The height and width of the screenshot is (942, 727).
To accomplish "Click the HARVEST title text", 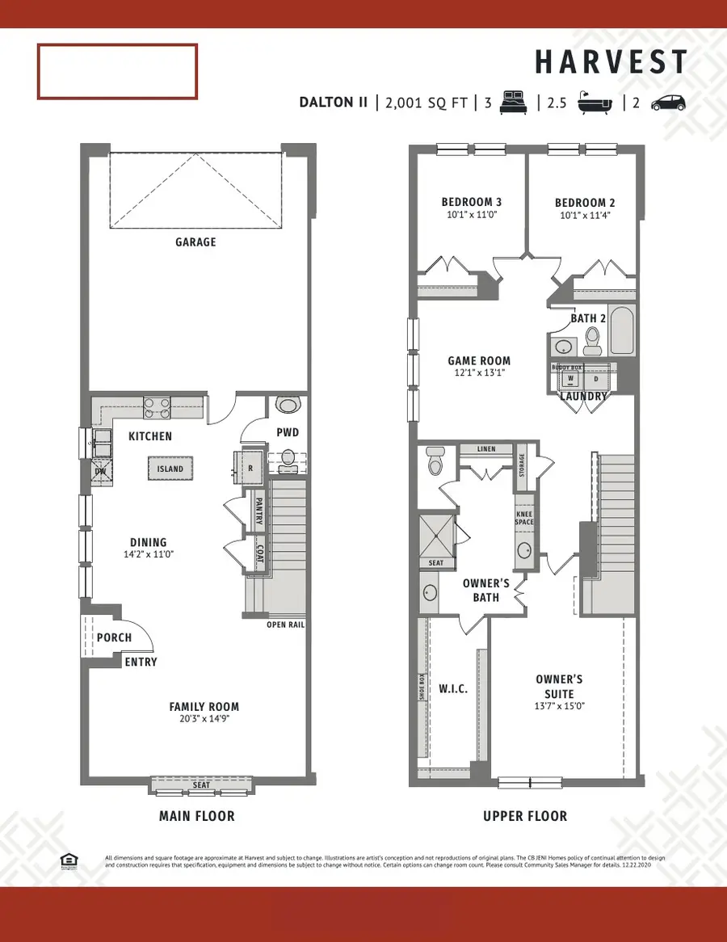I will tap(611, 62).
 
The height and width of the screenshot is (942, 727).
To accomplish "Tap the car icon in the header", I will tap(668, 103).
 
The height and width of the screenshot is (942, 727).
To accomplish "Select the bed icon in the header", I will tap(512, 103).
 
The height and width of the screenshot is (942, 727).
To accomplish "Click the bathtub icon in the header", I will tap(595, 103).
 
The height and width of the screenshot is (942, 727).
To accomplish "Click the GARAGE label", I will tap(195, 242).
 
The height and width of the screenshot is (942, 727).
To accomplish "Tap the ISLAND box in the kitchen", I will tap(170, 469).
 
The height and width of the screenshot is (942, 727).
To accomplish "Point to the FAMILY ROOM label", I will tap(204, 706).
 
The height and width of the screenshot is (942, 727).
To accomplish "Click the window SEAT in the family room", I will tap(201, 784).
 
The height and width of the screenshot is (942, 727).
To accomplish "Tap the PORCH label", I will tap(114, 637).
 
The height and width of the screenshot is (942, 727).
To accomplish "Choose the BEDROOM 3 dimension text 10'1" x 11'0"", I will tap(471, 216).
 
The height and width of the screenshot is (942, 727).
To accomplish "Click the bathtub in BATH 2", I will tap(622, 332).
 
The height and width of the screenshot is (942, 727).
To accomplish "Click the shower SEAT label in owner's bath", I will tap(436, 563).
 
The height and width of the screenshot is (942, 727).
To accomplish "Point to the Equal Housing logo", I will tap(69, 861).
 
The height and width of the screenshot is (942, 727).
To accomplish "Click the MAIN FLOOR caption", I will tap(196, 816).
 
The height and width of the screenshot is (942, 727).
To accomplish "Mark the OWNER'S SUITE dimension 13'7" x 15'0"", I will tap(558, 705).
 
